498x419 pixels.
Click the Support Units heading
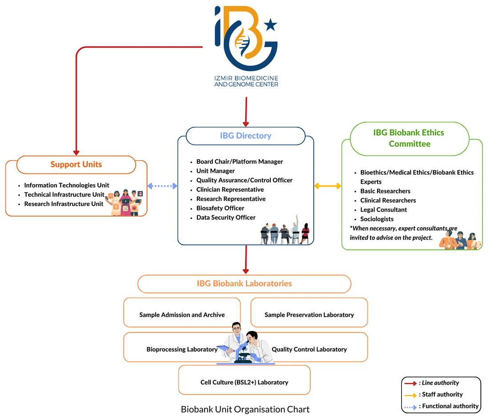(76, 165)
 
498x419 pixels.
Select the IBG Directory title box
(245, 136)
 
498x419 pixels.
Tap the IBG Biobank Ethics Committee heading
(410, 138)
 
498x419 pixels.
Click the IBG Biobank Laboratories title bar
(244, 284)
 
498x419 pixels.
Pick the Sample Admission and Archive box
(182, 314)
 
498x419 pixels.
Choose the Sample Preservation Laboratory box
(309, 314)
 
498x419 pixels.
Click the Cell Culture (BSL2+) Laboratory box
(244, 382)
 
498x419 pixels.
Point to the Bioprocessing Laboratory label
(182, 349)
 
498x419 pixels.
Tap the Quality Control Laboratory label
(309, 349)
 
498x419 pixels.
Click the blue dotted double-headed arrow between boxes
(162, 186)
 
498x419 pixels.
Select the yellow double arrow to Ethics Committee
(328, 186)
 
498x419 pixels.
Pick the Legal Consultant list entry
(383, 209)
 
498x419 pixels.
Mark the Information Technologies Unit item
(66, 185)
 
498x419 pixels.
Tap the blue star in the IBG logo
(270, 25)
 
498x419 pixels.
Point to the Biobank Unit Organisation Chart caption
(245, 409)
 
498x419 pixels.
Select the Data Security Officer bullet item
(226, 218)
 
